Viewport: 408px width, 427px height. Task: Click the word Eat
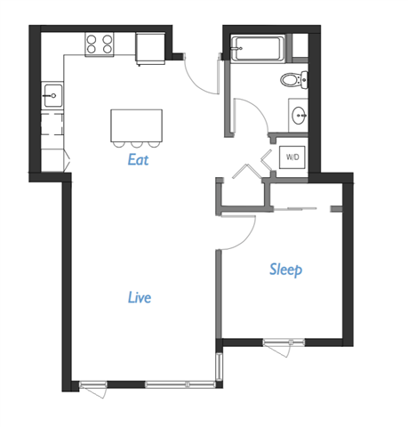[138, 161]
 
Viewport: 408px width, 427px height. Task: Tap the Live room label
[139, 296]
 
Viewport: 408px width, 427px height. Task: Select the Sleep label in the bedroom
[286, 269]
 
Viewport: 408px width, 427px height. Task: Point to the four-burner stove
[100, 44]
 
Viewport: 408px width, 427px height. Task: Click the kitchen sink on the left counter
[52, 93]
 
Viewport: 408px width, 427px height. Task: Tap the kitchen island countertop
[137, 125]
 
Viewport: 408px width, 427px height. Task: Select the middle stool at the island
[137, 144]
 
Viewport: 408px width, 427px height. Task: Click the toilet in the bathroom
[292, 79]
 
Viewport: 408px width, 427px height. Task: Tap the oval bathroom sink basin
[298, 115]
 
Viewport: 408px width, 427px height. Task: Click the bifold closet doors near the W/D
[252, 167]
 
